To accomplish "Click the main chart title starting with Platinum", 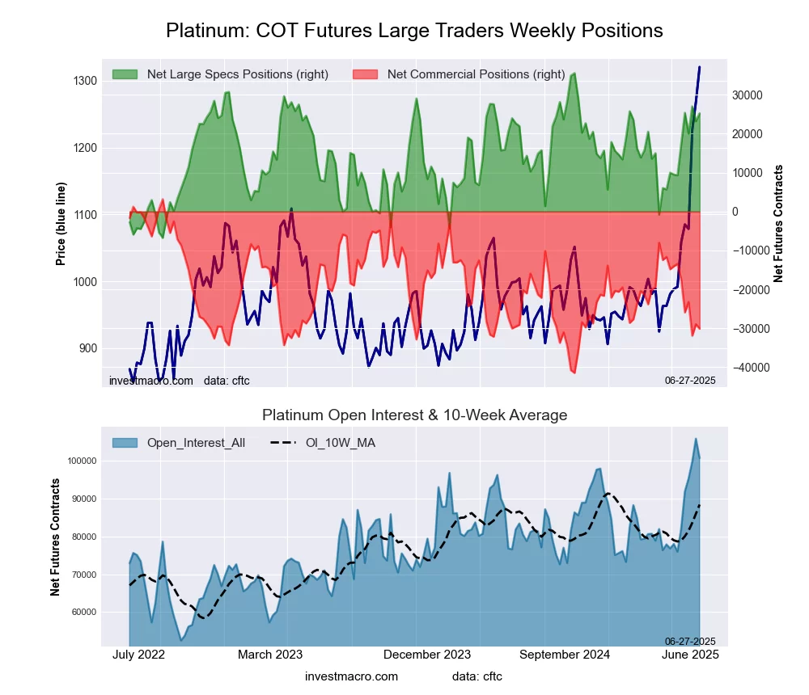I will click(414, 31).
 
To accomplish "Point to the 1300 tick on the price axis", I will click(84, 81).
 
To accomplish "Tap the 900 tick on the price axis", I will click(87, 349).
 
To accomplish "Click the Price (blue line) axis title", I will click(61, 223).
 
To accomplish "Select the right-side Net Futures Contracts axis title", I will click(778, 223).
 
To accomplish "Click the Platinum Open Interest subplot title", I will click(414, 415).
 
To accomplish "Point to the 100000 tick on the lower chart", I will click(82, 461).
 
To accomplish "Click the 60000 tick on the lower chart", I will click(84, 613).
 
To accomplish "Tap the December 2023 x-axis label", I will click(427, 655).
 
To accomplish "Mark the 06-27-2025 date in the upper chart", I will click(690, 380).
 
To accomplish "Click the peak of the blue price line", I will click(699, 67).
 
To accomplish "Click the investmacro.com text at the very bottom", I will click(351, 676).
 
